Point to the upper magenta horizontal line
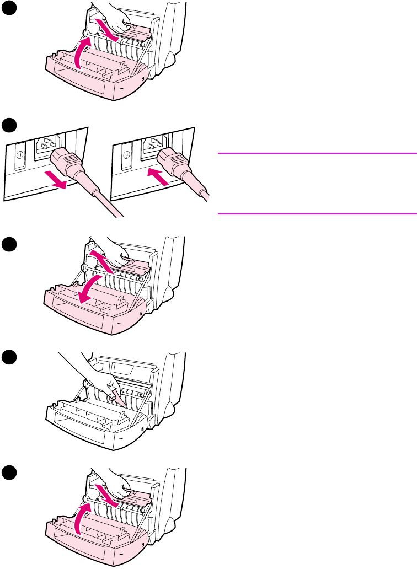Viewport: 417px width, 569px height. tap(317, 153)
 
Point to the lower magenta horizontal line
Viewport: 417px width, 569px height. tap(317, 213)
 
